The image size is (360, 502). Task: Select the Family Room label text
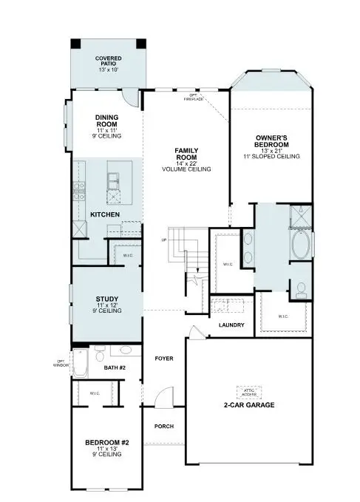pyautogui.click(x=186, y=154)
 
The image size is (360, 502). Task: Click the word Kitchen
pyautogui.click(x=105, y=214)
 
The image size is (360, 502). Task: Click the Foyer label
pyautogui.click(x=163, y=359)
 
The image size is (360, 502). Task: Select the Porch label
pyautogui.click(x=163, y=427)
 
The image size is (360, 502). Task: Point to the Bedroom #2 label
pyautogui.click(x=108, y=442)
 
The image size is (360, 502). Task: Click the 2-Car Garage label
pyautogui.click(x=249, y=405)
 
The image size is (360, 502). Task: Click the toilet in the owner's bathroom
pyautogui.click(x=300, y=289)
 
